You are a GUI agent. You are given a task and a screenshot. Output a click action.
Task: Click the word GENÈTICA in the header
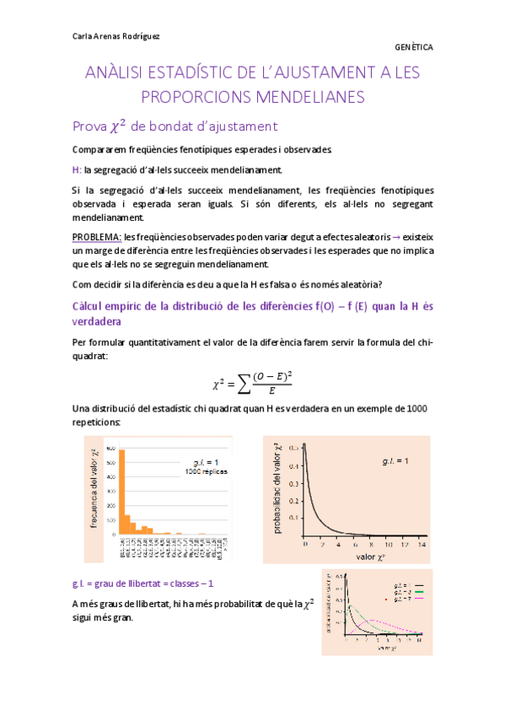click(x=413, y=48)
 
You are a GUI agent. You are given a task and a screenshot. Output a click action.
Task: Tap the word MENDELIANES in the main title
click(x=312, y=97)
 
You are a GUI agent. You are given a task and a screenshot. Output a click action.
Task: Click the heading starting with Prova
click(x=175, y=126)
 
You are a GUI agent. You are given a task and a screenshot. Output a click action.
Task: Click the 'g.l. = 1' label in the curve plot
click(x=395, y=460)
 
